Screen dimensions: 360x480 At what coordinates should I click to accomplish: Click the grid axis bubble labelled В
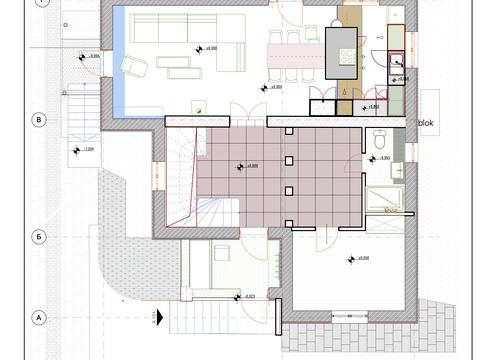click(x=40, y=119)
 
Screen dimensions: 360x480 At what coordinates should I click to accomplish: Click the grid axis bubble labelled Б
click(x=40, y=237)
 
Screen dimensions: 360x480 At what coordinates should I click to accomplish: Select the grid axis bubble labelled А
click(x=40, y=317)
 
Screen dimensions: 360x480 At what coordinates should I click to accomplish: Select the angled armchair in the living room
click(x=134, y=67)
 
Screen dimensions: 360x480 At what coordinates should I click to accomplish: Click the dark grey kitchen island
click(x=341, y=51)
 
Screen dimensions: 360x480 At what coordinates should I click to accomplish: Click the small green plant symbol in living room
click(x=201, y=108)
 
